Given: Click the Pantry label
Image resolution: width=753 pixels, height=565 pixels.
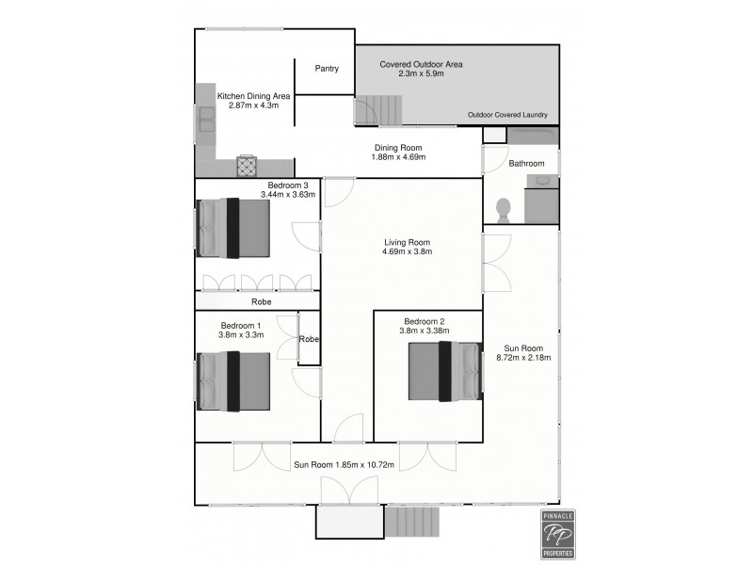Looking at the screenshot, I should tap(327, 69).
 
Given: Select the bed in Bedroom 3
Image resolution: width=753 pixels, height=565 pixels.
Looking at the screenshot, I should tap(233, 228).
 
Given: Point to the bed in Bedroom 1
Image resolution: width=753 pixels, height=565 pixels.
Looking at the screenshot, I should tap(233, 381).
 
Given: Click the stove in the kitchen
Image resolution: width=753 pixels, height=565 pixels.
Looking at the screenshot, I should tap(247, 167).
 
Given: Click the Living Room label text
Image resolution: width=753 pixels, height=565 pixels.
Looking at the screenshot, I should tap(406, 242).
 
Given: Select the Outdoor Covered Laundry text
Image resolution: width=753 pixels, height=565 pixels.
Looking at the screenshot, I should tap(507, 116).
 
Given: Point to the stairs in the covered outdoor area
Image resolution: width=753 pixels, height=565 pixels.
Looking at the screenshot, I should tap(377, 111).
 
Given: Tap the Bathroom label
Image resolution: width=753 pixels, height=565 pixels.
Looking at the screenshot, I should tap(527, 164).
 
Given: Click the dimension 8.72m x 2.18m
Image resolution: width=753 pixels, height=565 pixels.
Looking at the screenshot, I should tap(522, 358).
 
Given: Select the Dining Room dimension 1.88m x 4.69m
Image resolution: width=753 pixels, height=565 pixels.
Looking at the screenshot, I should tap(399, 157).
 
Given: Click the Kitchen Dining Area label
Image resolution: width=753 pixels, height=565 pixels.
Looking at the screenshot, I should tap(253, 96).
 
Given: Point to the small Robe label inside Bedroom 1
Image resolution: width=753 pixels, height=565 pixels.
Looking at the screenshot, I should tap(309, 339).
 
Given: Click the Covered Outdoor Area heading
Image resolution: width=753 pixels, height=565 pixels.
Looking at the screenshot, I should tap(421, 65).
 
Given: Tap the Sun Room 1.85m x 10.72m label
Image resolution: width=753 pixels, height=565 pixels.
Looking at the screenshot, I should tap(343, 464).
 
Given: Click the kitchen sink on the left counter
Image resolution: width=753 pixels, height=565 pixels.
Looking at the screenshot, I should tap(205, 120).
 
